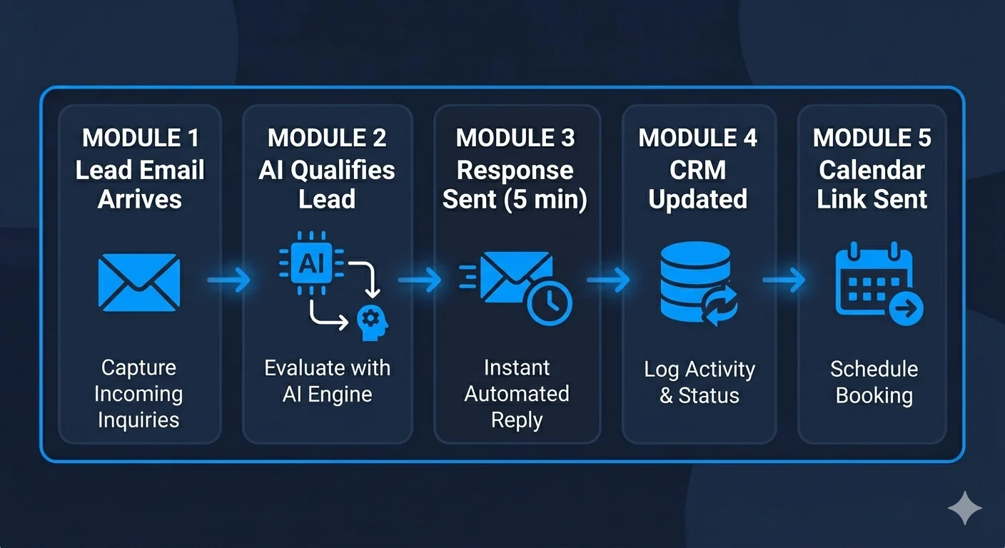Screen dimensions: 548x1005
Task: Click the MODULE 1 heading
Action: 140,138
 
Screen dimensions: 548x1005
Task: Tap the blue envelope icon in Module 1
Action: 138,282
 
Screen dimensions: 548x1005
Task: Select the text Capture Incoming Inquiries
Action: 138,393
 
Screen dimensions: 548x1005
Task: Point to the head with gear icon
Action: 373,321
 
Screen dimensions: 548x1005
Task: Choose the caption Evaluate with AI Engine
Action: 327,381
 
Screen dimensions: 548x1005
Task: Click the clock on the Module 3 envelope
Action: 549,303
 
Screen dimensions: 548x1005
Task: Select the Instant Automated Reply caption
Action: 517,393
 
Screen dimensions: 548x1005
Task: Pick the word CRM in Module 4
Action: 697,170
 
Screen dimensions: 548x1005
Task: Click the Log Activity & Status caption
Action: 699,382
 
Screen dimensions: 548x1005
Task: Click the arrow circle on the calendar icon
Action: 906,309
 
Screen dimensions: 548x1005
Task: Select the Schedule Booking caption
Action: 874,382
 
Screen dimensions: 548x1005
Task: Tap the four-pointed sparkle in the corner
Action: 965,508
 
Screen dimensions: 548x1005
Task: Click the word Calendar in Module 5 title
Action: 872,170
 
